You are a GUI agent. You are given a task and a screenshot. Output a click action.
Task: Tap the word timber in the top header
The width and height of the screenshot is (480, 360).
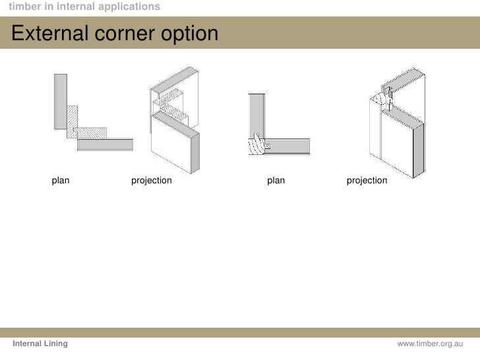tap(22, 7)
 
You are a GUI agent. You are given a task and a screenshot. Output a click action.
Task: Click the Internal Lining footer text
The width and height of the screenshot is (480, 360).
tap(40, 345)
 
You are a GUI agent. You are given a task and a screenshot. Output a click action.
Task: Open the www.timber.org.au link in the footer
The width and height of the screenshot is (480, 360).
tap(431, 345)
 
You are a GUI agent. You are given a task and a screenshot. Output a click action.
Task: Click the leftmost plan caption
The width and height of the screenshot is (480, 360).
tap(61, 180)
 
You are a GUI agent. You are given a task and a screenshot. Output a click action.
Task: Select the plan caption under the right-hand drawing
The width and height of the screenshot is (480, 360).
tap(276, 180)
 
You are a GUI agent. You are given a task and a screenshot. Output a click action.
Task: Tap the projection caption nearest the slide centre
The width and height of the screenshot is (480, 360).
tap(151, 180)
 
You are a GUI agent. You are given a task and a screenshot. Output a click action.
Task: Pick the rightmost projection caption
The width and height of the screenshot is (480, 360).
tap(367, 180)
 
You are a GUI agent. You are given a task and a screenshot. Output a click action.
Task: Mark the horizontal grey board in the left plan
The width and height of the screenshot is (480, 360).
tap(105, 144)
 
